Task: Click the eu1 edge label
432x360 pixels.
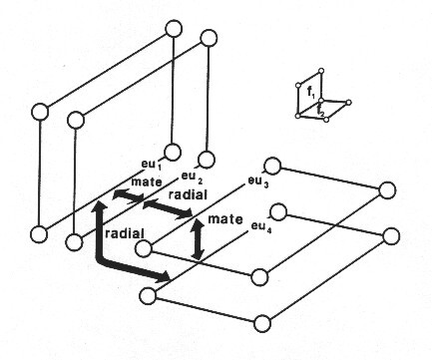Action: pos(152,165)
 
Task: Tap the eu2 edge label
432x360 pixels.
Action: pos(192,178)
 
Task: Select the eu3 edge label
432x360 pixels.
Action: pos(258,181)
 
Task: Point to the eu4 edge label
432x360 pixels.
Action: pos(261,227)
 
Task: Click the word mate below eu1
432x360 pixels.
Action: pos(147,181)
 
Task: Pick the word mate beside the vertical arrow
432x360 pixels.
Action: pos(225,219)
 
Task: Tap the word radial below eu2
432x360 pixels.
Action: pos(188,194)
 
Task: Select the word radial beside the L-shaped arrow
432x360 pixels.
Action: pos(125,233)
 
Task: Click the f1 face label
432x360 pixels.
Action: pos(311,93)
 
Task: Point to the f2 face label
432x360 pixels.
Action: pos(320,110)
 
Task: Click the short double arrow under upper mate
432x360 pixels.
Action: pos(129,195)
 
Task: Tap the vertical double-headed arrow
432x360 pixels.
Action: pos(199,239)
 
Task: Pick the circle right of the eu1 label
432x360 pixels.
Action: pos(173,153)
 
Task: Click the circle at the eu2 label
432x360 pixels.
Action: pos(207,159)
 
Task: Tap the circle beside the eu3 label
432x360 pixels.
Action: pos(272,166)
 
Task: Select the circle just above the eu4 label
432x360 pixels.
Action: pos(278,211)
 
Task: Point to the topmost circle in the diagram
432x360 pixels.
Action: pos(174,29)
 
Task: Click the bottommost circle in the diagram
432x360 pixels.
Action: pos(262,323)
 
